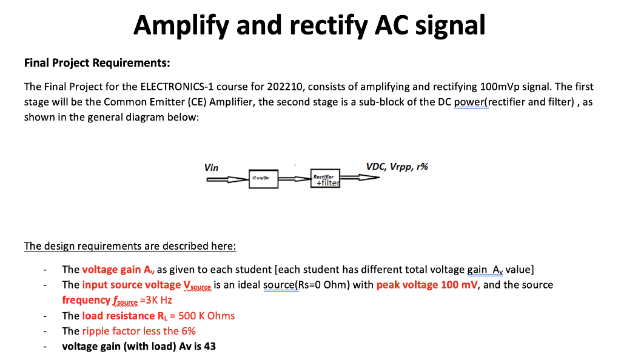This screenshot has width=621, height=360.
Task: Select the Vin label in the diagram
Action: coord(212,167)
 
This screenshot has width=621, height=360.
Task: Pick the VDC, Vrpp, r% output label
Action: coord(397,167)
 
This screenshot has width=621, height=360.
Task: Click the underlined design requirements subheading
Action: coord(130,246)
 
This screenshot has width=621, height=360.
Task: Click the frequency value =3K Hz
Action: coord(156,300)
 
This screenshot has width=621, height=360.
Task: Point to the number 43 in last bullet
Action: coord(210,347)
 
